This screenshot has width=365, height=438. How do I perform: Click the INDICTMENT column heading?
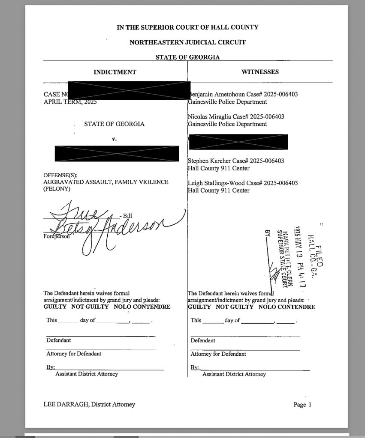point(115,72)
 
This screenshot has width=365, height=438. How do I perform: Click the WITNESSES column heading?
point(260,72)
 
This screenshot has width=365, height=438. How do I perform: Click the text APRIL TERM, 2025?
point(70,102)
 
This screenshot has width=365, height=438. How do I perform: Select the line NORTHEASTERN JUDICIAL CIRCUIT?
point(187,42)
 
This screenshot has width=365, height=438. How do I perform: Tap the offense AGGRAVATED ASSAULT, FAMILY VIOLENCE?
point(106,182)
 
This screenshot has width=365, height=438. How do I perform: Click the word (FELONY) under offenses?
point(57,189)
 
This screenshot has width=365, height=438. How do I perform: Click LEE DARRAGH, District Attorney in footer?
point(89,404)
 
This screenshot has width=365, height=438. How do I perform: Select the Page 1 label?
point(302,405)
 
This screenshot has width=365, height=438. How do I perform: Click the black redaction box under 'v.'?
point(117,153)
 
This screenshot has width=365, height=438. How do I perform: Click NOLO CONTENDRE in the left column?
point(142,307)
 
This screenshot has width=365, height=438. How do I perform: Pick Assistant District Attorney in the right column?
point(234,374)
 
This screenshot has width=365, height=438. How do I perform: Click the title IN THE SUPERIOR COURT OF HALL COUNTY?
point(187,27)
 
